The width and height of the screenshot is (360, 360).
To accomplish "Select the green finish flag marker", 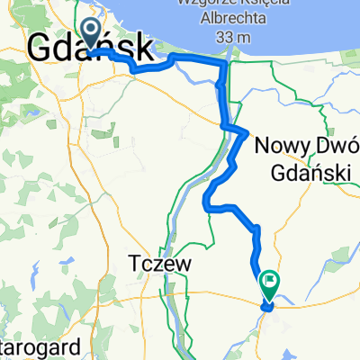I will (x=269, y=283).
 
